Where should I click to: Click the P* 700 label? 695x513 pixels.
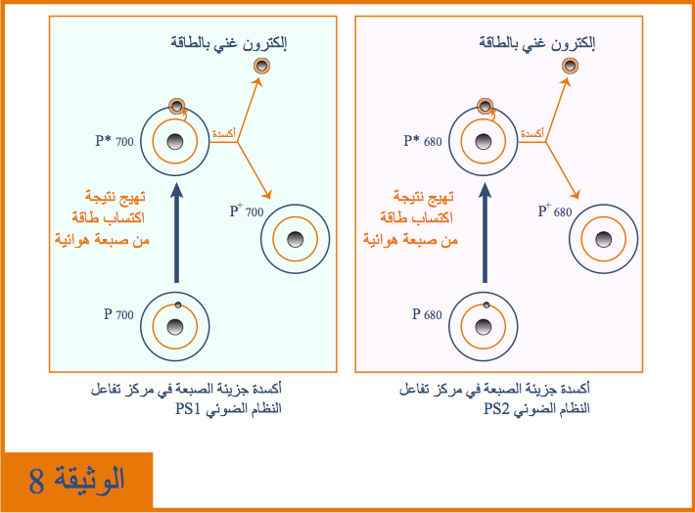pos(114,141)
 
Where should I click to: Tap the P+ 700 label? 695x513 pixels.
pos(247,210)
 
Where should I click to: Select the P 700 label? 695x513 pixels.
pos(118,314)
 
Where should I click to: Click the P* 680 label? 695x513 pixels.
pos(423,141)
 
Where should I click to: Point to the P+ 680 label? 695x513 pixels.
pos(554,210)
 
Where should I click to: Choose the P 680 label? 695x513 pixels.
pos(427,314)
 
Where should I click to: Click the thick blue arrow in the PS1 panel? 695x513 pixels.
pos(176,233)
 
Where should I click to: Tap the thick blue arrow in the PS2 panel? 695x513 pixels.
pos(485,233)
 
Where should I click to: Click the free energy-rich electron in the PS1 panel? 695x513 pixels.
pos(262,66)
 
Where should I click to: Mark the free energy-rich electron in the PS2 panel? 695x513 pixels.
pos(570,66)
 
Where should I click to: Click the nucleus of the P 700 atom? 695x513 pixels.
pos(175,327)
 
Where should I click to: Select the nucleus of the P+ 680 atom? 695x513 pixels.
pos(603,240)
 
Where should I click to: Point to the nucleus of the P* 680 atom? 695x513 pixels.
pos(484,142)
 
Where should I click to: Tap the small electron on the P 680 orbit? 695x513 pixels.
pos(486,305)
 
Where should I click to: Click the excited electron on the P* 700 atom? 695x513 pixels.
pos(177,107)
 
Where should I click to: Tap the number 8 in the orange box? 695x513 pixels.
pos(36,481)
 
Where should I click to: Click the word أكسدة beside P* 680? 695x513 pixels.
pos(532,133)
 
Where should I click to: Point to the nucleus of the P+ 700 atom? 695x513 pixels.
pos(296,240)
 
